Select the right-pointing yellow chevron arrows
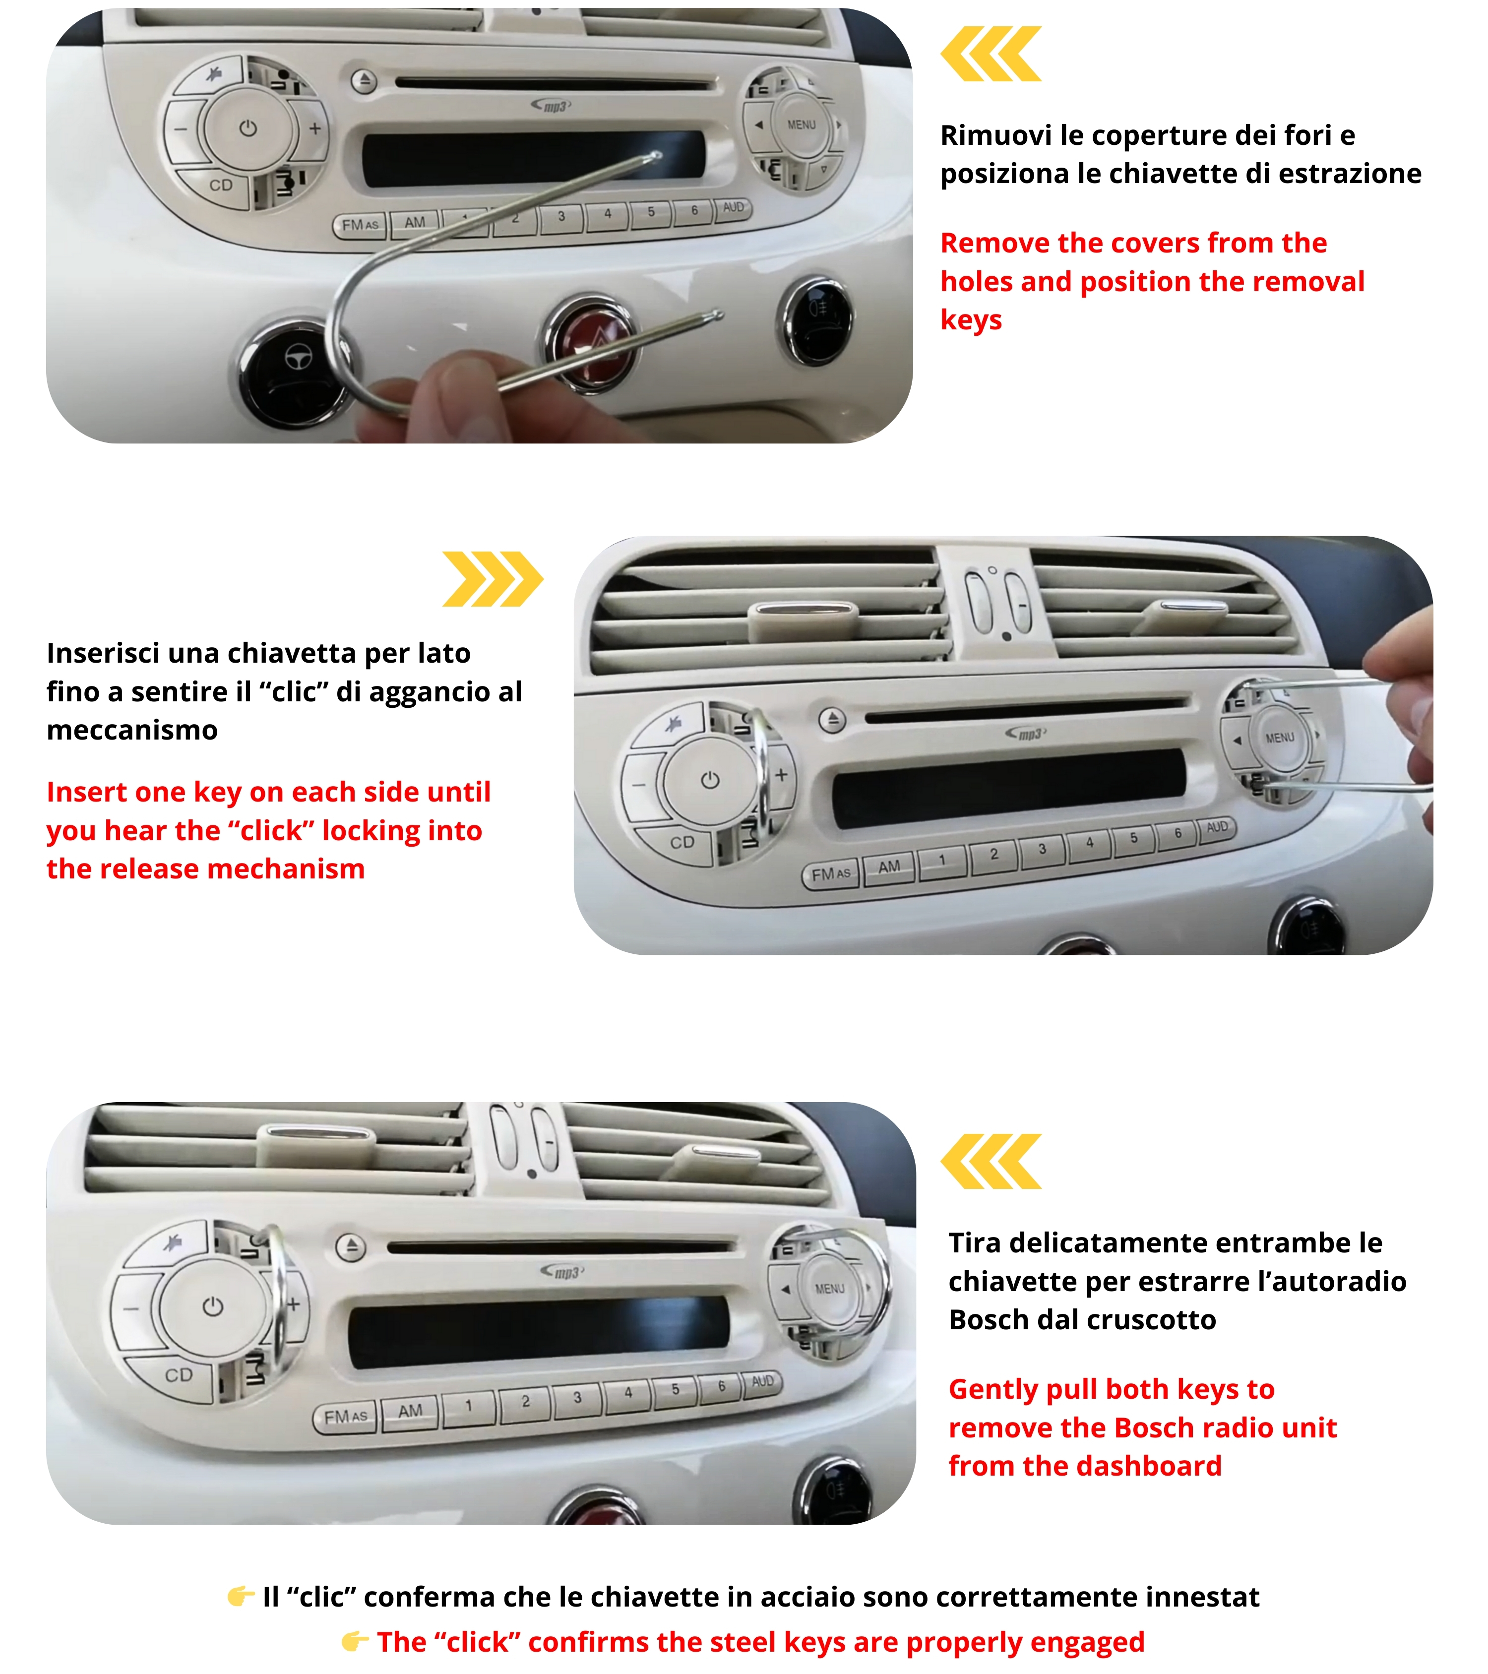tap(492, 579)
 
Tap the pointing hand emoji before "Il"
tap(241, 1595)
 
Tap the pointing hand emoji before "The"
tap(355, 1640)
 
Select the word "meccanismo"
tap(132, 730)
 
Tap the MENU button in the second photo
tap(1279, 738)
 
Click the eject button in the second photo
tap(833, 720)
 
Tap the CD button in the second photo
tap(682, 843)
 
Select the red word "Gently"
tap(993, 1390)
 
